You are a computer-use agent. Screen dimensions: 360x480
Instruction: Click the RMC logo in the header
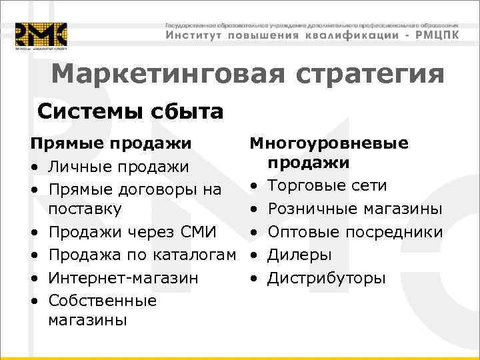pos(41,35)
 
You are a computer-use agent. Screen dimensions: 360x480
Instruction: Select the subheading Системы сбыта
pos(130,111)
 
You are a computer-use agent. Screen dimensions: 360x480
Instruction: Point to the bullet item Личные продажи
pos(119,166)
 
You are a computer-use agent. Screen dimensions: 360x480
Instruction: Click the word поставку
pos(85,209)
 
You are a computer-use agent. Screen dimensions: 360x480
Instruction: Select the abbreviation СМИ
pos(197,233)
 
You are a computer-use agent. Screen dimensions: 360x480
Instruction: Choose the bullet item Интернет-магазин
pos(123,277)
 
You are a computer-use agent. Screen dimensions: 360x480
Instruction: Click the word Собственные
pos(103,301)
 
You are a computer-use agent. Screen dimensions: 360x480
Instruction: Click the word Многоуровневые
pos(329,143)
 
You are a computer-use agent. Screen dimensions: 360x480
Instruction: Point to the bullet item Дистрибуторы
pos(326,277)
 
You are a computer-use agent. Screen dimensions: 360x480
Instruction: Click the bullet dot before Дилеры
pos(254,255)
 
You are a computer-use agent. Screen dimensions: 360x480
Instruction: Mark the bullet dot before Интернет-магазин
pos(33,277)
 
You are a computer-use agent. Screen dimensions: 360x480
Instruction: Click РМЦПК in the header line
pos(433,35)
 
